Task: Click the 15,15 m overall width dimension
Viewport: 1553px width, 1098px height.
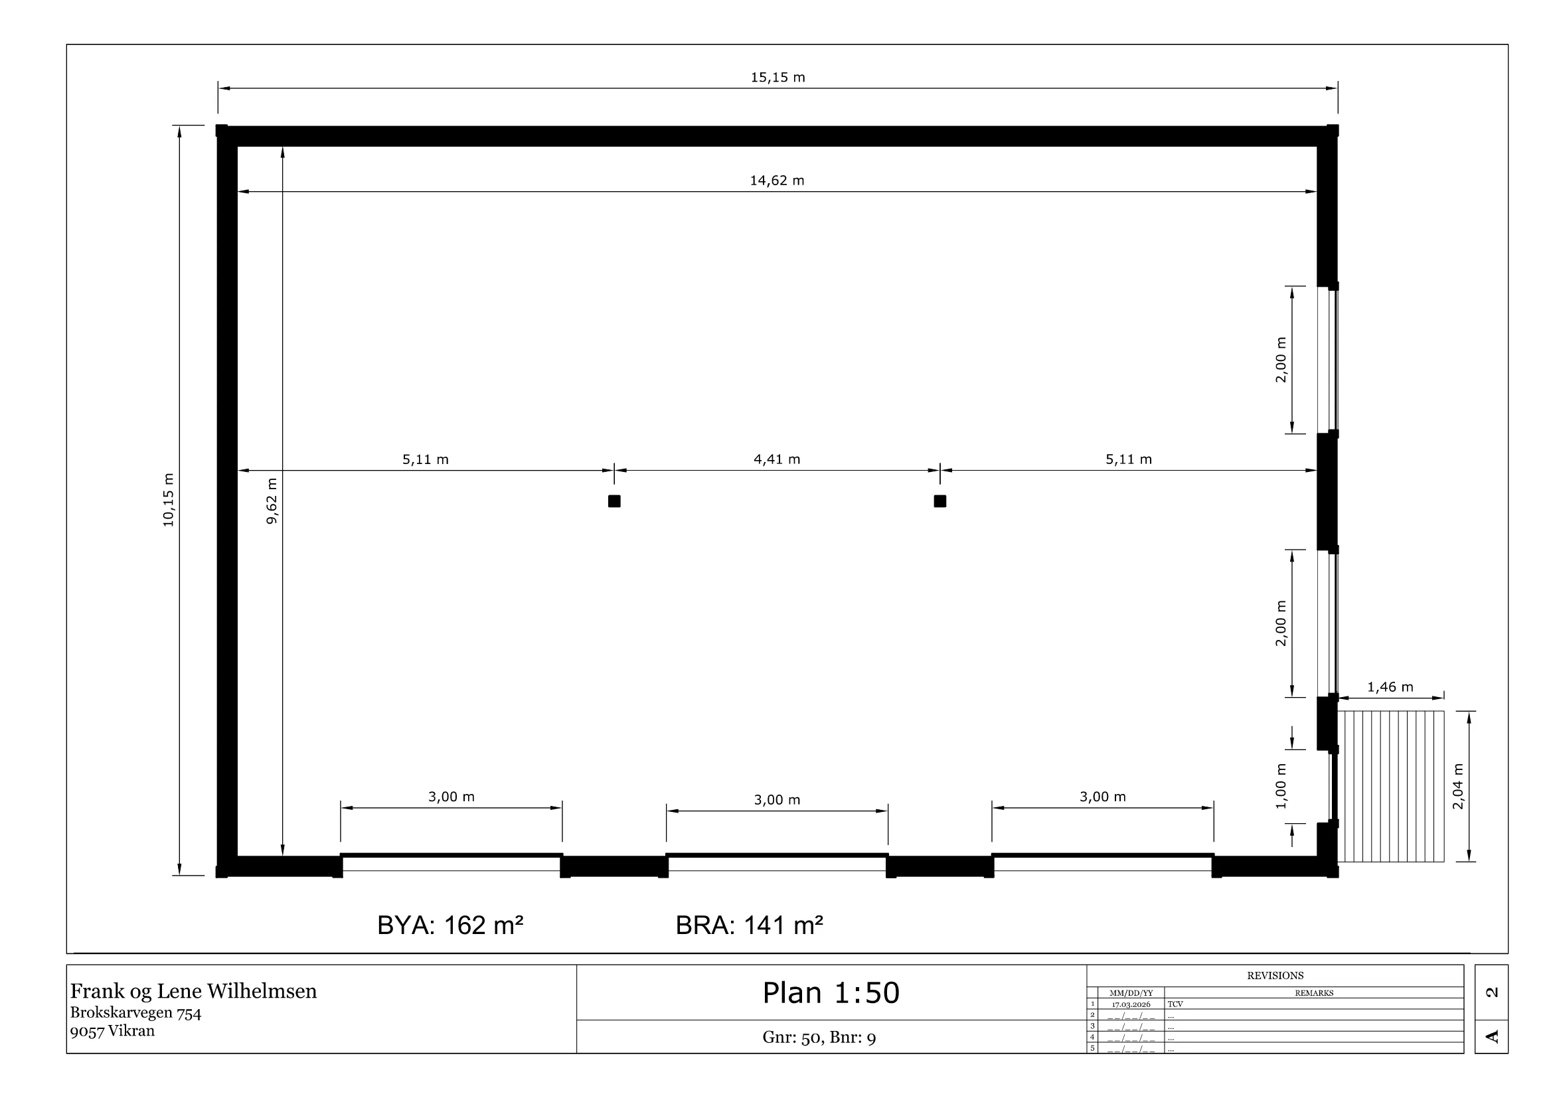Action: (x=778, y=77)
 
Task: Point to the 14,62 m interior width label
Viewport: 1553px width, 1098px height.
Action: (x=777, y=181)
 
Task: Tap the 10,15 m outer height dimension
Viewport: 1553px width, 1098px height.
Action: (x=169, y=501)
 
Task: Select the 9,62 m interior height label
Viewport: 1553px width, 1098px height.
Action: (x=272, y=501)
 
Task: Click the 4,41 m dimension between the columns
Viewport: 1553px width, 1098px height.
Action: (x=777, y=460)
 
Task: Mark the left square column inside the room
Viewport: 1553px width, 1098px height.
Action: (x=614, y=501)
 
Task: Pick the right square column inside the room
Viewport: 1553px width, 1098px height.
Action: (x=940, y=501)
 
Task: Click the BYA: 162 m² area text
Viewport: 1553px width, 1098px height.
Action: (x=450, y=925)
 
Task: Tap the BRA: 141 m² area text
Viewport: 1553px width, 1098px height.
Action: (x=750, y=925)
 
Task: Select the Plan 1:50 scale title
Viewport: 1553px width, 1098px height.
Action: (x=831, y=992)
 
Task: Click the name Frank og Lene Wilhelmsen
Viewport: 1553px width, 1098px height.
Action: (x=193, y=991)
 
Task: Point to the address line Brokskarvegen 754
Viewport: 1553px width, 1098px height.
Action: (x=136, y=1013)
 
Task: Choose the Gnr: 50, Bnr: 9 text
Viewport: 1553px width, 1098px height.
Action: (x=819, y=1037)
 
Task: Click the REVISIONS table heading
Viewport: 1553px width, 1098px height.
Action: (x=1275, y=976)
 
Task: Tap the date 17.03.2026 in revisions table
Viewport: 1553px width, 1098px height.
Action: (x=1131, y=1004)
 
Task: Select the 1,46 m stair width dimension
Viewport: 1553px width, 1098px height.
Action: (x=1390, y=688)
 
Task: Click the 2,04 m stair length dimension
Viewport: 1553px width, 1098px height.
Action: (x=1458, y=786)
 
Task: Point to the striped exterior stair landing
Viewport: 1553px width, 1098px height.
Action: (x=1391, y=786)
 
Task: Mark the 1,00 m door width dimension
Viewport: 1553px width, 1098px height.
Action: (x=1281, y=786)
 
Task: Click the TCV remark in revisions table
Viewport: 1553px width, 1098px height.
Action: (x=1175, y=1004)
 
